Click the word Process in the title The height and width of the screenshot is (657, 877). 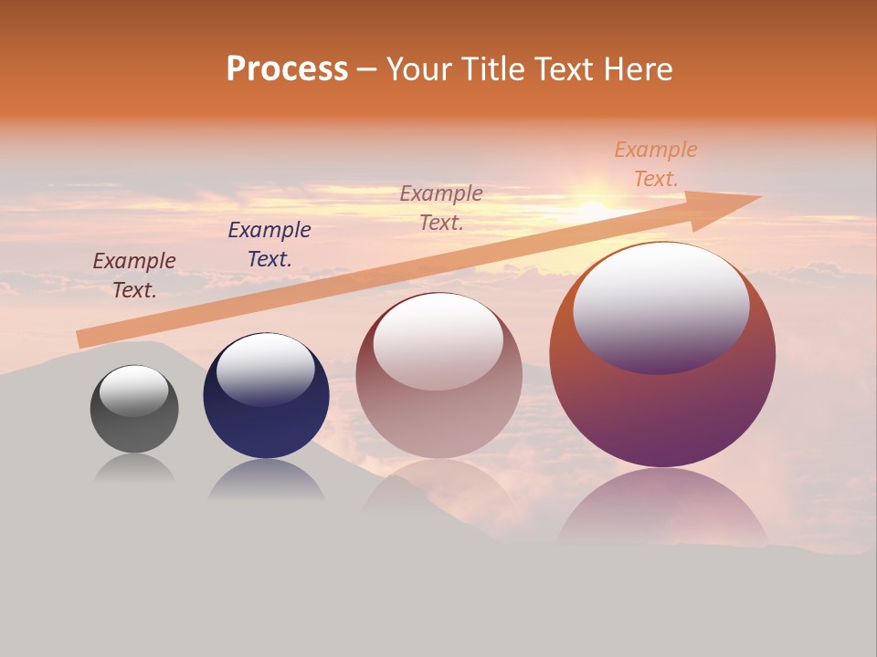287,68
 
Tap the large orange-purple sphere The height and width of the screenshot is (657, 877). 662,411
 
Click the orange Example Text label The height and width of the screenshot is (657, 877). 656,164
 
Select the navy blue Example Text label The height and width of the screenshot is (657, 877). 269,245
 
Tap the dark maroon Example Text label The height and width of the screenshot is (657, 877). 134,276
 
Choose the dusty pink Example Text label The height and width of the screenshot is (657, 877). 441,208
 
